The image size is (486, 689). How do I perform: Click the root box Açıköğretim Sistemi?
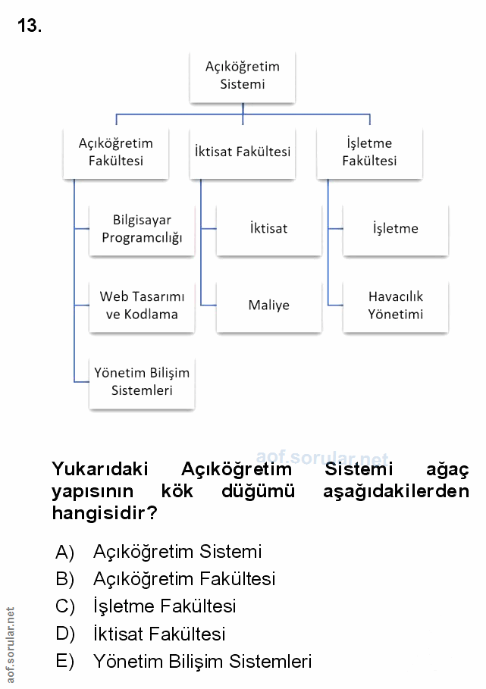coord(243,76)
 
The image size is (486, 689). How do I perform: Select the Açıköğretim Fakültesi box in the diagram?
coord(116,152)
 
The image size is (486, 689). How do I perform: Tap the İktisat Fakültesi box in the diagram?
coord(243,152)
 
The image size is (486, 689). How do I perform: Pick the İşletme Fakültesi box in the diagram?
coord(369,152)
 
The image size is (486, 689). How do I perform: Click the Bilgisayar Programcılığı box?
coord(142,229)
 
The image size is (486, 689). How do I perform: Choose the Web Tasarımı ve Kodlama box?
coord(142,305)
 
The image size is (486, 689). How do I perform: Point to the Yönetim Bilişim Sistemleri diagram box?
coord(142,382)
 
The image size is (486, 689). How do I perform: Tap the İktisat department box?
coord(268,229)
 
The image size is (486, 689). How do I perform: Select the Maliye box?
coord(268,305)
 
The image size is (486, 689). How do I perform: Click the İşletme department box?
coord(396,229)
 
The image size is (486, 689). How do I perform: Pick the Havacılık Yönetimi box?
coord(396,305)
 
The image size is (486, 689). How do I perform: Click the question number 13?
coord(29,27)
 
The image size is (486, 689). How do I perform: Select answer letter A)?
coord(64,552)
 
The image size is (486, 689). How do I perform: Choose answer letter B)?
coord(64,579)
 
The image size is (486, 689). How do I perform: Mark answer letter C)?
coord(64,606)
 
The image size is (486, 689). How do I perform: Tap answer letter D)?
coord(64,634)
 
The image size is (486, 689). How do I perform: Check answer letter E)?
coord(64,661)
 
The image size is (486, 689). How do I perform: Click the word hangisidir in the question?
coord(105,513)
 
